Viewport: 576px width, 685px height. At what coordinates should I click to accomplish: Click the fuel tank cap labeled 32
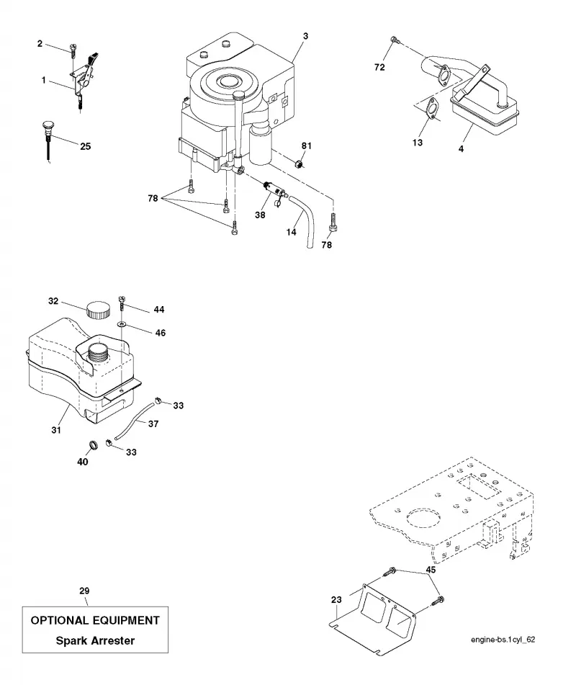98,310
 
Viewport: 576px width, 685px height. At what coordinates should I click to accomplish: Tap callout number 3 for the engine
305,36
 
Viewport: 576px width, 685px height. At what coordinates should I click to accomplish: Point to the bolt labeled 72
395,40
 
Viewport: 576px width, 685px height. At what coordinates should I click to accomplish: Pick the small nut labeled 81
298,164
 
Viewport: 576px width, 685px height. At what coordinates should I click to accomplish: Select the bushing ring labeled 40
93,445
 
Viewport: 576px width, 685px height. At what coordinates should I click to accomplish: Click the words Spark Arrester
95,641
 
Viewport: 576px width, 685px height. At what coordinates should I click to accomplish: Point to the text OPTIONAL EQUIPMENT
95,620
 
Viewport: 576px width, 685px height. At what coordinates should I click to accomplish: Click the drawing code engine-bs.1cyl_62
503,640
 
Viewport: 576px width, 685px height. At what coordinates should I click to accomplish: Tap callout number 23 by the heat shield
336,600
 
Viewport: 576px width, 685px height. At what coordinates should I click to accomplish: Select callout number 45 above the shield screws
431,570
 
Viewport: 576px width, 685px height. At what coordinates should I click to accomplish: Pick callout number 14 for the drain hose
292,232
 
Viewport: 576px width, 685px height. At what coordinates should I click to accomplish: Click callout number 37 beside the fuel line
153,424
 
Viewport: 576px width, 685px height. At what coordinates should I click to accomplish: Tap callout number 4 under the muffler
461,149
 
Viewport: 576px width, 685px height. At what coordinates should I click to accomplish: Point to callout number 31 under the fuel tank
56,430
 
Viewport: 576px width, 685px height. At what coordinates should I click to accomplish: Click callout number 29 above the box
84,591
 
